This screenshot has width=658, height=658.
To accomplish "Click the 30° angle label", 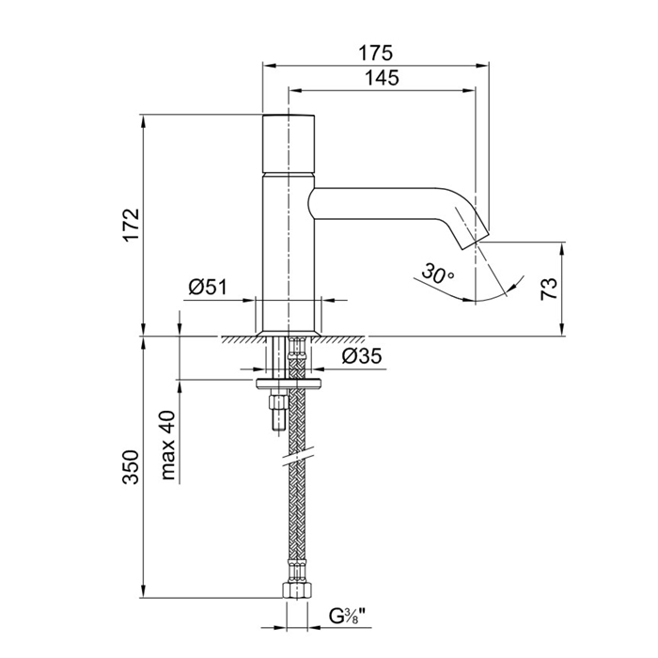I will pyautogui.click(x=437, y=274).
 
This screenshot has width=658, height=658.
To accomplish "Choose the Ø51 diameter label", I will pyautogui.click(x=208, y=288).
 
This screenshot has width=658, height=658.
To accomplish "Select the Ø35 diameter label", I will pyautogui.click(x=359, y=356).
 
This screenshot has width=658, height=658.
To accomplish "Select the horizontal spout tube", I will pyautogui.click(x=376, y=204).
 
